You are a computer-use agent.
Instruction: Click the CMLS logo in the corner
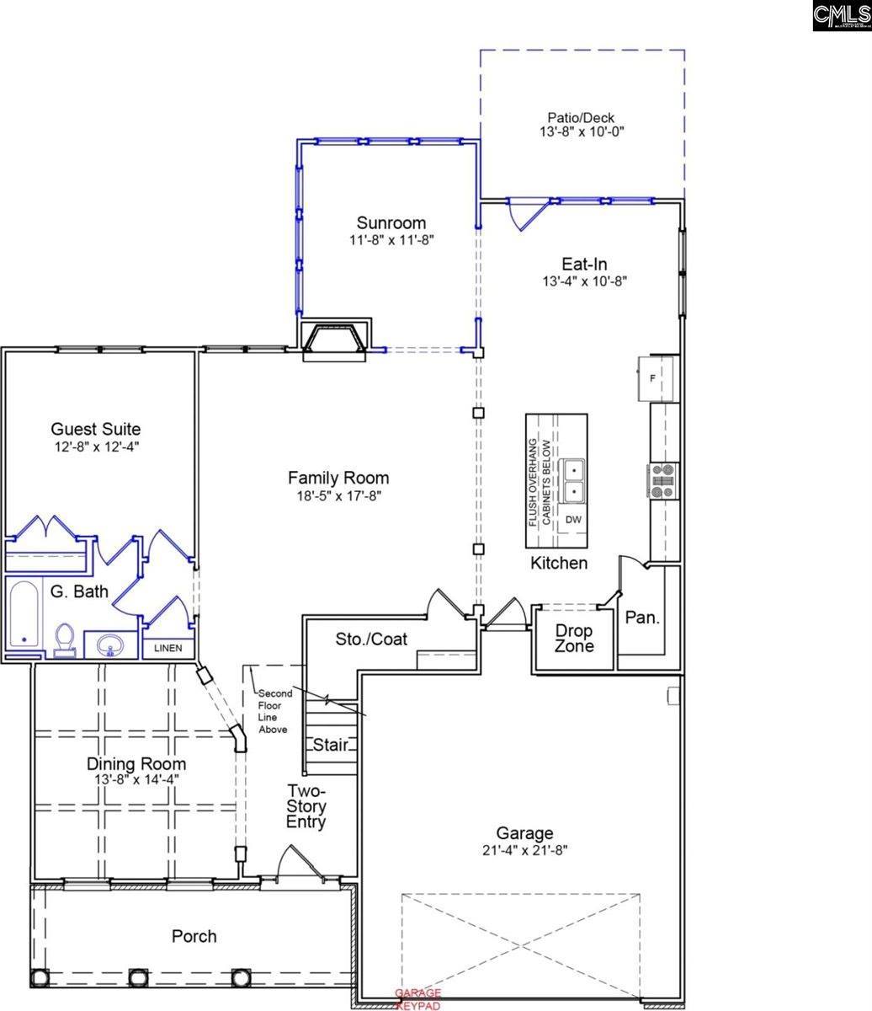[841, 15]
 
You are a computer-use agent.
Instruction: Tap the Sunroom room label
[391, 223]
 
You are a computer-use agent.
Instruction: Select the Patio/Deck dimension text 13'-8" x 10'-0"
[582, 132]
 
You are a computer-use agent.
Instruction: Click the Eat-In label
[585, 264]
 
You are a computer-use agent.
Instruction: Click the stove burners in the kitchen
[662, 481]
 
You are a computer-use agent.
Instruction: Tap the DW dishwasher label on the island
[573, 520]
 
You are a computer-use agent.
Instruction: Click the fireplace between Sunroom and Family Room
[335, 340]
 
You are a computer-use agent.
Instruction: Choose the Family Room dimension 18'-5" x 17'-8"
[338, 496]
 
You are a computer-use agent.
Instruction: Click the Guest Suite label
[96, 430]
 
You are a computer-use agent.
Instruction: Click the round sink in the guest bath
[109, 646]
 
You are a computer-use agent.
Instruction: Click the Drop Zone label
[573, 639]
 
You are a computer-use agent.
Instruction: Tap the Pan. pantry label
[642, 618]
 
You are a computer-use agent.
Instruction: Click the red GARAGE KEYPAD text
[418, 999]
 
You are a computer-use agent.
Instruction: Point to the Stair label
[331, 745]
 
